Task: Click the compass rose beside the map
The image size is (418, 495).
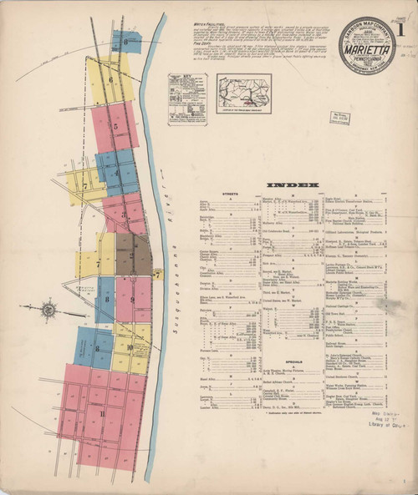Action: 48,311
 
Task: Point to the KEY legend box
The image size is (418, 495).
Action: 186,98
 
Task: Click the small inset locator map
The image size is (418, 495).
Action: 243,93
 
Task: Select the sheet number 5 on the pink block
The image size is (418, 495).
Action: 116,126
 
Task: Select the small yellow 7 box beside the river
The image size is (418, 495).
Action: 157,273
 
